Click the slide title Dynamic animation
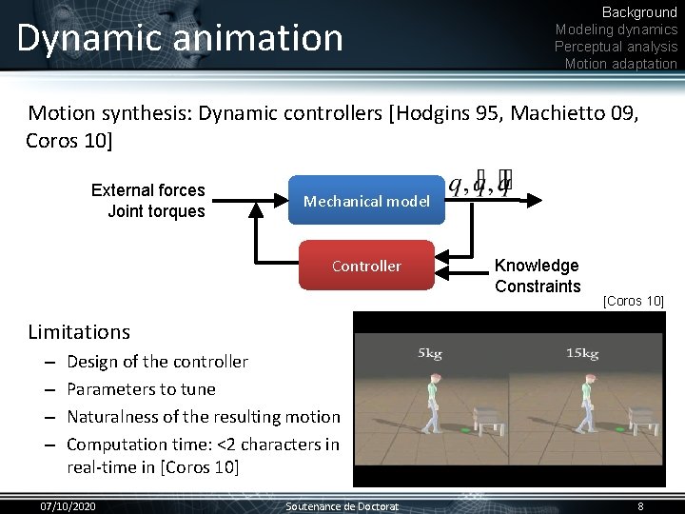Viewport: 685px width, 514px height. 180,38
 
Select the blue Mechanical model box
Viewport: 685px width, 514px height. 366,201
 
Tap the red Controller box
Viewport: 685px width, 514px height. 366,267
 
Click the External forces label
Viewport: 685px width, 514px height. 148,190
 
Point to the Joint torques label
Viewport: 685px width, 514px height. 156,211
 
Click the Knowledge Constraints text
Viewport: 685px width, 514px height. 538,276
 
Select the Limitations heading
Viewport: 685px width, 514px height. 79,332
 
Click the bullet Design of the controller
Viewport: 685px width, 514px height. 157,362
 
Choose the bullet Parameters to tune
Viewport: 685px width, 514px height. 141,389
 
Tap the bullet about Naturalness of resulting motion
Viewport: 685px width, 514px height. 203,417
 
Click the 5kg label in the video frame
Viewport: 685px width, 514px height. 430,354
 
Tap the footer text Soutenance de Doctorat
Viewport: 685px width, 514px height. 342,506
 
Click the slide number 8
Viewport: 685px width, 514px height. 640,506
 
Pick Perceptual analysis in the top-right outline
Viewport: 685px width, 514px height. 616,47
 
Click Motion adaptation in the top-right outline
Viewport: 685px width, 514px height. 620,64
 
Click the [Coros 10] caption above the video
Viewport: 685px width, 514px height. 634,302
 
